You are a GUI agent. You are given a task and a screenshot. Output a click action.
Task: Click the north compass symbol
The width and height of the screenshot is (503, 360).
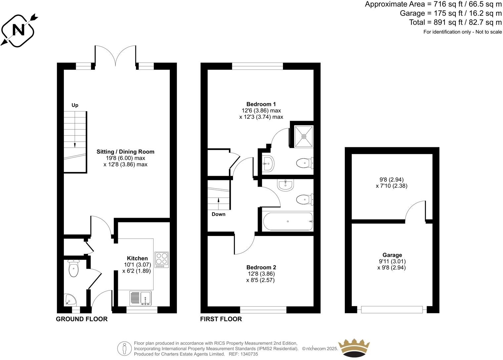[19, 30]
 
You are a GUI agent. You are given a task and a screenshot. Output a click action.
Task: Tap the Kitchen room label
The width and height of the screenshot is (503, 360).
[137, 258]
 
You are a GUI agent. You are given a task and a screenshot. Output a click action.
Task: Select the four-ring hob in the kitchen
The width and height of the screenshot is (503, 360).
[161, 260]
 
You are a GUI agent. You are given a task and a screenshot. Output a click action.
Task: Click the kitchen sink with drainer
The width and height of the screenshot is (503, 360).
[140, 298]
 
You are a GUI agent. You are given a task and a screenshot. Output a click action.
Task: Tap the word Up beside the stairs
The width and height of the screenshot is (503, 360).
[75, 105]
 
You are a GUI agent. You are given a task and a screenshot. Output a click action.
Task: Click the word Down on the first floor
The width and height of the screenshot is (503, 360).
[218, 214]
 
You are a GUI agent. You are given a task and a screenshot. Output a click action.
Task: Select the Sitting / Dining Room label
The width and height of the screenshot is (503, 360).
[125, 152]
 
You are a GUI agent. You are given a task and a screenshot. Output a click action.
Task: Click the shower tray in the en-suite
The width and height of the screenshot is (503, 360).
[304, 136]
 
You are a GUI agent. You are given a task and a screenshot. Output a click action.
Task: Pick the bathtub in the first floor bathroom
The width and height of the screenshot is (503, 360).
[287, 221]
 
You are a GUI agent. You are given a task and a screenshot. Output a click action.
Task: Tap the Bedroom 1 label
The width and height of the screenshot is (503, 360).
[261, 104]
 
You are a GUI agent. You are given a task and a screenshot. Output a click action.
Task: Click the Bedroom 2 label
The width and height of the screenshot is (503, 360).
[261, 267]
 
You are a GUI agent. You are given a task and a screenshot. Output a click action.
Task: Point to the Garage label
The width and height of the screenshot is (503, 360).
[392, 255]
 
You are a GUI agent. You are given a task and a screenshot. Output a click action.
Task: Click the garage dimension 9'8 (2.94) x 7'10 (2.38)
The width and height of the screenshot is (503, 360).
[391, 183]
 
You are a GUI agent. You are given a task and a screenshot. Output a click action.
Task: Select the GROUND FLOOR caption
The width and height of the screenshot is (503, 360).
[82, 319]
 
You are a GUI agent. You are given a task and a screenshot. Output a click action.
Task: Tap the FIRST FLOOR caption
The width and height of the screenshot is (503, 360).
[221, 319]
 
